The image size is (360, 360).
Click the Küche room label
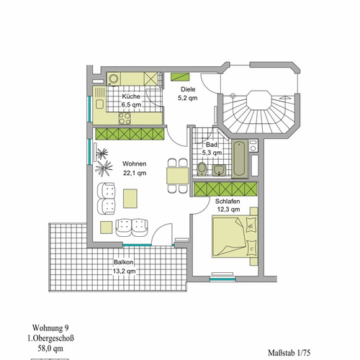(x=131, y=96)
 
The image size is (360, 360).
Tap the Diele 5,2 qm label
(x=188, y=94)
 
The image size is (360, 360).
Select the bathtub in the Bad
(x=240, y=159)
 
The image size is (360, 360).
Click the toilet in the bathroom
(x=202, y=168)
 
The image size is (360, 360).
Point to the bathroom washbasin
(x=219, y=170)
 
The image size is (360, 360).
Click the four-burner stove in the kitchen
(x=125, y=118)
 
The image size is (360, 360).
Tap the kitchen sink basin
(x=99, y=104)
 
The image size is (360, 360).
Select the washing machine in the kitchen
(x=113, y=78)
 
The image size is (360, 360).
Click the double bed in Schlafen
(x=235, y=236)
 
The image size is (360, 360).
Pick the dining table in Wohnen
(x=178, y=176)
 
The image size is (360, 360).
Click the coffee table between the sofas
(x=130, y=199)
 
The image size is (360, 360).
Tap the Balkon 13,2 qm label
(x=125, y=266)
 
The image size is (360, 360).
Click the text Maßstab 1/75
(x=289, y=353)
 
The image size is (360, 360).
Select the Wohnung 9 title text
(x=50, y=328)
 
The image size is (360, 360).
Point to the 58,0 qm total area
(x=50, y=348)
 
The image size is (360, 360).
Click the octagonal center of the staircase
(x=259, y=100)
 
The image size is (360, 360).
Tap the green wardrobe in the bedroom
(x=225, y=189)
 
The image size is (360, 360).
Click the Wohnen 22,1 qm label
(x=135, y=168)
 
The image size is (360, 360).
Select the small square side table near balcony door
(x=107, y=228)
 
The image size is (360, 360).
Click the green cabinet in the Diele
(x=180, y=77)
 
